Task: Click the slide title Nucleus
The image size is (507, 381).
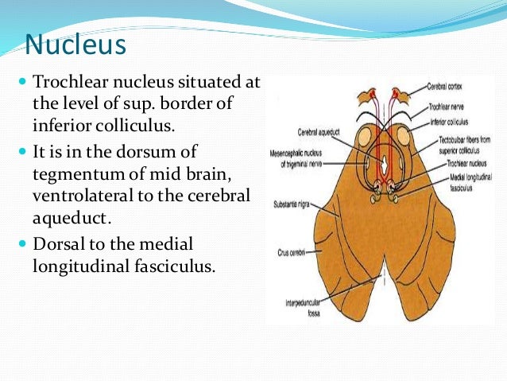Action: [x=75, y=45]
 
